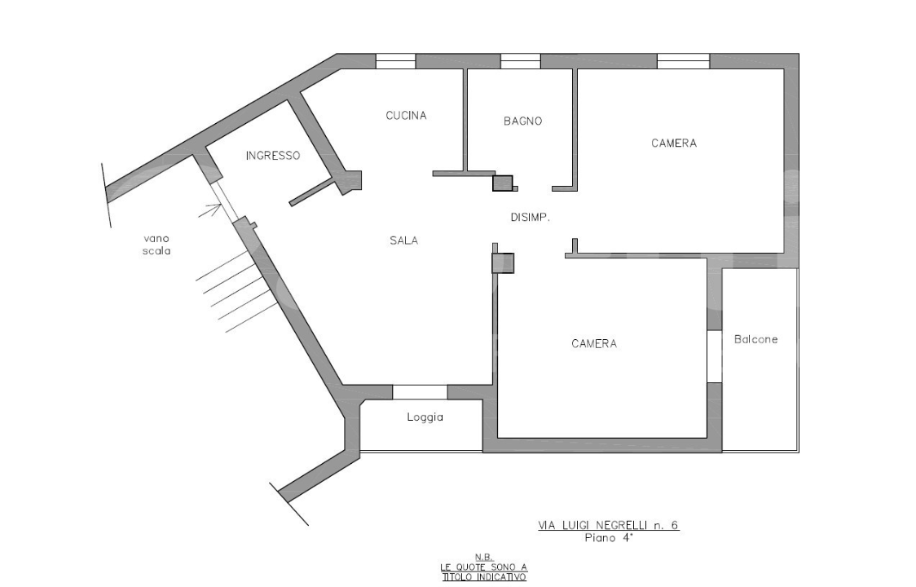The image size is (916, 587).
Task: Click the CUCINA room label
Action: [x=406, y=116]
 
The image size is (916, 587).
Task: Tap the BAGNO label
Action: [x=522, y=121]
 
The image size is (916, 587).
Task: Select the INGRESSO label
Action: [x=273, y=155]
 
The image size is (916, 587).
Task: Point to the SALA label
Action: [x=403, y=241]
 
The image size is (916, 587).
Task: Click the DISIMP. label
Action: [x=531, y=218]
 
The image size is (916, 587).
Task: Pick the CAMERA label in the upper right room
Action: [x=674, y=143]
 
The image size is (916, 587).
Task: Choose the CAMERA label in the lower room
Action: [x=594, y=344]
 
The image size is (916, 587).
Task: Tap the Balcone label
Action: [x=755, y=340]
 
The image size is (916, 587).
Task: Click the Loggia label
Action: [x=425, y=417]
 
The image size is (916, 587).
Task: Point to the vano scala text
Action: [x=157, y=245]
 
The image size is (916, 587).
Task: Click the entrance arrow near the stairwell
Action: [x=212, y=213]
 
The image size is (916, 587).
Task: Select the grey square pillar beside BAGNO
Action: [x=503, y=183]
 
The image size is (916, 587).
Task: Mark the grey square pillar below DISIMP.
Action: [x=503, y=263]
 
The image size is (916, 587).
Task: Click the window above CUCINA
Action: [x=395, y=61]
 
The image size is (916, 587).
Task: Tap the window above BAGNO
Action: [x=520, y=61]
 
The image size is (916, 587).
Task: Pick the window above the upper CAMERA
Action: [x=683, y=61]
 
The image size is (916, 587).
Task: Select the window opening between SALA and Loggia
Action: [x=420, y=392]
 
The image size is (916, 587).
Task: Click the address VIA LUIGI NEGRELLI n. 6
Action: [x=608, y=526]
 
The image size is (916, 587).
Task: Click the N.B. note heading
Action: [x=484, y=557]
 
